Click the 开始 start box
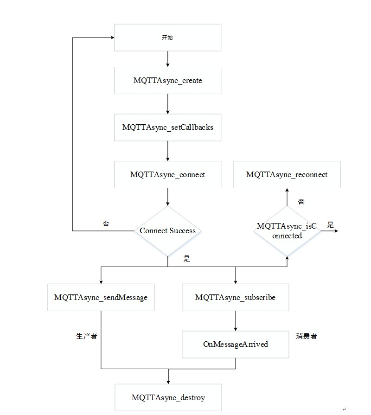[167, 38]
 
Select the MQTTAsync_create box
[167, 80]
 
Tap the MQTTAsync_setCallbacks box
[167, 127]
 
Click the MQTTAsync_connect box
[167, 175]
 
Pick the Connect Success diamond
[167, 230]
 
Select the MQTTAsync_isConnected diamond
[287, 231]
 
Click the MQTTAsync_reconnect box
[287, 175]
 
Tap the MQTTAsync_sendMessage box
[101, 297]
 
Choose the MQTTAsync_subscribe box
[235, 297]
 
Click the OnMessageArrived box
[235, 344]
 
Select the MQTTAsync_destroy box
[168, 397]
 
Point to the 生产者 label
[87, 336]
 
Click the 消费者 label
[307, 336]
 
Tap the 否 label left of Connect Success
[106, 223]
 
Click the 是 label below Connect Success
[186, 259]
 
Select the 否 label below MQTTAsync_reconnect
[301, 202]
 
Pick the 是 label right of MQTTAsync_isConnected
[330, 225]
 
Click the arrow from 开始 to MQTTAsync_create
[167, 59]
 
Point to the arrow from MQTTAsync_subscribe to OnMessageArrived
[235, 321]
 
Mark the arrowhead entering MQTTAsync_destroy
[168, 381]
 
